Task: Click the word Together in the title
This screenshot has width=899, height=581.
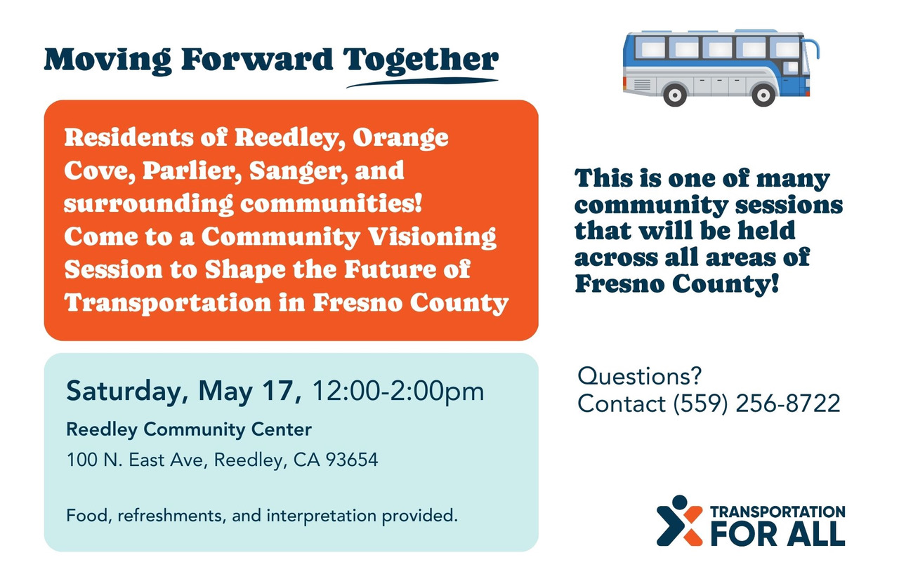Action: point(421,61)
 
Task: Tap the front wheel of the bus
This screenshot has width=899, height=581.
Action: point(763,95)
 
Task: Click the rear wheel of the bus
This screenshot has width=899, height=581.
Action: point(675,95)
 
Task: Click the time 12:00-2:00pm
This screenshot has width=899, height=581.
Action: point(398,392)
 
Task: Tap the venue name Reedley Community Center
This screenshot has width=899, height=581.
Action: point(189,430)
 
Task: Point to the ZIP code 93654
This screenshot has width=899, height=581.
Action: point(352,460)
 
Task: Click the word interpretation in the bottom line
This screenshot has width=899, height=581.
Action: point(322,516)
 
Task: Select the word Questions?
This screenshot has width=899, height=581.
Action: point(639,377)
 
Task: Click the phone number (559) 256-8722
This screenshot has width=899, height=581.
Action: point(756,403)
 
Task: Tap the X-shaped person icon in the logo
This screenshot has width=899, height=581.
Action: point(679,521)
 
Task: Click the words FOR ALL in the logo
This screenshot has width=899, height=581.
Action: point(777,534)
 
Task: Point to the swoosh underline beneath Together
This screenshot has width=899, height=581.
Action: point(422,82)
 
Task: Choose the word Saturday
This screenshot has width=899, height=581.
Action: point(127,392)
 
